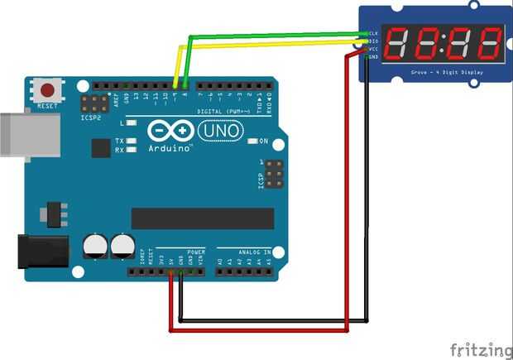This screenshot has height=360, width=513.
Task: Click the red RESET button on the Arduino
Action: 48,89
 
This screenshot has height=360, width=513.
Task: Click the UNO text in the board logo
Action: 221,130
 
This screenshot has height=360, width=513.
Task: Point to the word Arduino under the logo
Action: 170,149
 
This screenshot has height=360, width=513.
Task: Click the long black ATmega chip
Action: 203,218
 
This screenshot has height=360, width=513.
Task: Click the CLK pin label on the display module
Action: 373,34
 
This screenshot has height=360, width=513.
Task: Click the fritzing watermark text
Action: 480,348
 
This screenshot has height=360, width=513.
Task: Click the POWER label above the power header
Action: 196,251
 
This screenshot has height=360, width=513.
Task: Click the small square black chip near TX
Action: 101,147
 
